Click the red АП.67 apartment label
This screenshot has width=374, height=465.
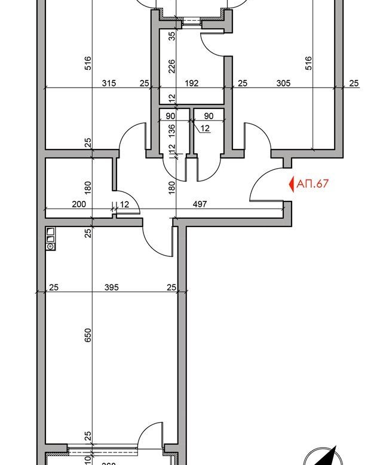(313, 184)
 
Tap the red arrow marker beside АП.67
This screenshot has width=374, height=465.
(292, 184)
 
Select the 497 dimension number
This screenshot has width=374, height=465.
(200, 204)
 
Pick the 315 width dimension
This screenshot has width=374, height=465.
(108, 83)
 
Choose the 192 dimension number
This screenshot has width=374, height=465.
(191, 83)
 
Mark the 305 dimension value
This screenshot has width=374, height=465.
(283, 83)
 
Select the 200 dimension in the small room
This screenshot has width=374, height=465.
(78, 204)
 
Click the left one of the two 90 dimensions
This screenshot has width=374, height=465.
(170, 116)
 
